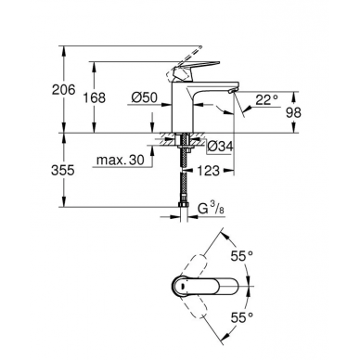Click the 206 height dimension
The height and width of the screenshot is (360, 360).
pos(63,90)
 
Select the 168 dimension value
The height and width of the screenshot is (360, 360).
pos(95,97)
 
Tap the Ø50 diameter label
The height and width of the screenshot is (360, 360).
pos(145,97)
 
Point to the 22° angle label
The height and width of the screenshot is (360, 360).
pos(267,99)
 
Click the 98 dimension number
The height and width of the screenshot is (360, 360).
pos(293,112)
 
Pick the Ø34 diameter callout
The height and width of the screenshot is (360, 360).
pos(220,147)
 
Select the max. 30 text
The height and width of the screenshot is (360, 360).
pos(121,160)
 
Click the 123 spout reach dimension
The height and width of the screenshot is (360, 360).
pos(209,171)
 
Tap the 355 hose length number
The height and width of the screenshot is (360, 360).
pos(63,170)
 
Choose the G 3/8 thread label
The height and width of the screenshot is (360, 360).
pos(211,209)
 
